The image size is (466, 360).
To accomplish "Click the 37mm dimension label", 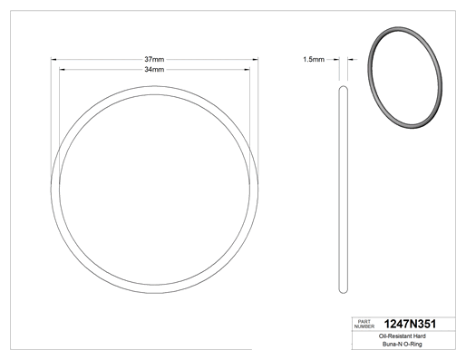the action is (x=154, y=59).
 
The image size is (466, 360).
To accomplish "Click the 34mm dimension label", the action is (x=154, y=70).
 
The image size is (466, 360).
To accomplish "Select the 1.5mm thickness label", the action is (x=314, y=60).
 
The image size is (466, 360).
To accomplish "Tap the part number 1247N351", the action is (x=410, y=324).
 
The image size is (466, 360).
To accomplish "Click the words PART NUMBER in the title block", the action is (x=364, y=324).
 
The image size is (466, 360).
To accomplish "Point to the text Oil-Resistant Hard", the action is (x=403, y=336).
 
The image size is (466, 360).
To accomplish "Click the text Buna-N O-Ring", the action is (x=403, y=344).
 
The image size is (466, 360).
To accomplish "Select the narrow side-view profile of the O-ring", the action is (x=344, y=190).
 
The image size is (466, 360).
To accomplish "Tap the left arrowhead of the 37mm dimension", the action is (x=53, y=60).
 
